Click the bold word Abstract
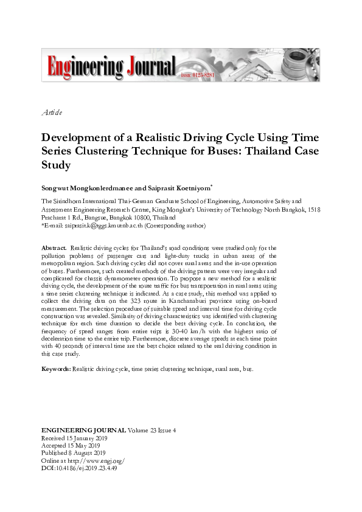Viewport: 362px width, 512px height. [x=54, y=247]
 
